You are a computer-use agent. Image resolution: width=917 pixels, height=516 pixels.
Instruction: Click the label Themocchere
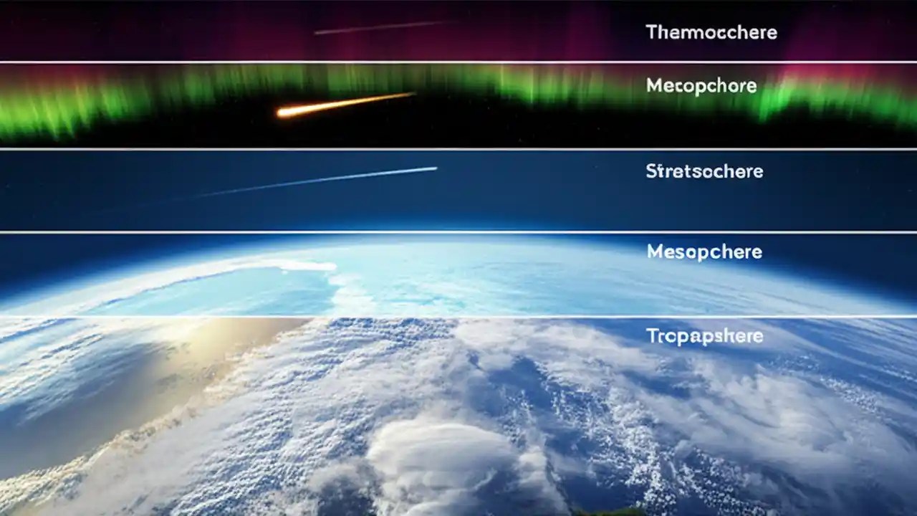click(711, 32)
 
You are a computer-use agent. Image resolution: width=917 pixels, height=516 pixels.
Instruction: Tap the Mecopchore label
click(701, 86)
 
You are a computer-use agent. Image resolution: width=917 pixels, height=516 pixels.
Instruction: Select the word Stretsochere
click(704, 172)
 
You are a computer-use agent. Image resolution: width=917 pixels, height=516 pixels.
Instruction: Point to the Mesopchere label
click(704, 252)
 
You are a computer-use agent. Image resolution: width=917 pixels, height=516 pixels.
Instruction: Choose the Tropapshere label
click(704, 336)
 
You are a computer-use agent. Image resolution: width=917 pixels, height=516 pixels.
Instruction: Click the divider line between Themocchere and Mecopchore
click(458, 62)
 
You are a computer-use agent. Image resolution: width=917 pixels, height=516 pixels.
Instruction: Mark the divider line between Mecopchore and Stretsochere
click(458, 149)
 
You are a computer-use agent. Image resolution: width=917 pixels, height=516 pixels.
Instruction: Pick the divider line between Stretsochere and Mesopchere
click(458, 231)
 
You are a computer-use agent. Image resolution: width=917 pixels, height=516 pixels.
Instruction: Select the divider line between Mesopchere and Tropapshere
click(458, 316)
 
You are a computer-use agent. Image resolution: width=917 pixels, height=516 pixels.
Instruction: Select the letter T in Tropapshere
click(651, 335)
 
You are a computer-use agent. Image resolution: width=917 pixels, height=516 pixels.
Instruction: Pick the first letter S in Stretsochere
click(650, 172)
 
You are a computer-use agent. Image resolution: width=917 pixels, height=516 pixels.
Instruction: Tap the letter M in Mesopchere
click(654, 252)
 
